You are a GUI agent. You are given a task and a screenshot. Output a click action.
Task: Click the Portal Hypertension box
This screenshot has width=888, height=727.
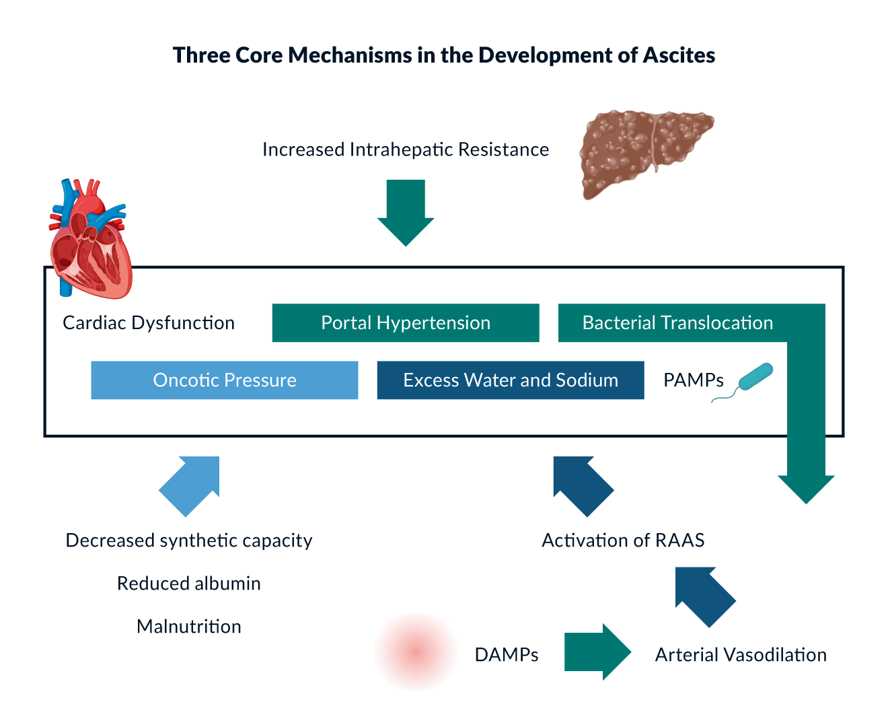406,323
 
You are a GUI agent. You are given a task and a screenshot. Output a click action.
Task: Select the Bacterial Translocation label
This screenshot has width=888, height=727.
677,323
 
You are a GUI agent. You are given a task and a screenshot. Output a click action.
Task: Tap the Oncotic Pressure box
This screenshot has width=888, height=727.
225,380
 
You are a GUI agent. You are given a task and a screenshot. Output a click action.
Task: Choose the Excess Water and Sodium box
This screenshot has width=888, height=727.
511,380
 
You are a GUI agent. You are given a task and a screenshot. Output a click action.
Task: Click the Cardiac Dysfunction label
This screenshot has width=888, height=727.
149,323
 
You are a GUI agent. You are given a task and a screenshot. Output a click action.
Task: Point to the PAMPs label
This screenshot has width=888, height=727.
693,380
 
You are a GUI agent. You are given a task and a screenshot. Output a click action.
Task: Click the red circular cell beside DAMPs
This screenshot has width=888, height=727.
416,652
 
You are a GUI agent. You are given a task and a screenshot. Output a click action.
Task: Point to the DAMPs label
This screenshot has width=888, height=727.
507,655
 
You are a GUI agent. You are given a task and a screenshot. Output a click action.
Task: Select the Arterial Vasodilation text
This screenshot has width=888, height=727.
741,655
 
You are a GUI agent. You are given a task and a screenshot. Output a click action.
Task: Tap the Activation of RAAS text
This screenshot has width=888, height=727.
623,541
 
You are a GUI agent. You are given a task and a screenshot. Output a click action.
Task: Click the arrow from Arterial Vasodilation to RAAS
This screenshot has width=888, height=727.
705,596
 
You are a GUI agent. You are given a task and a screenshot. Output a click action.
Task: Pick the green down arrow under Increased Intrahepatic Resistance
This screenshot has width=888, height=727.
406,212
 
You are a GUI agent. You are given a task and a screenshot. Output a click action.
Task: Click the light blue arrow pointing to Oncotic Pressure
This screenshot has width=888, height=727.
190,485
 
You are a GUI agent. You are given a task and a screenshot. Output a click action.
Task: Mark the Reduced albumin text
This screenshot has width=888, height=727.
189,584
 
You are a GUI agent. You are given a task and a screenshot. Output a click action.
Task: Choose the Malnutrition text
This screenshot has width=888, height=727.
189,627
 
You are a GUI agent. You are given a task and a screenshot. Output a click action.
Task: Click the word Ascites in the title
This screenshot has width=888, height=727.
679,55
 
